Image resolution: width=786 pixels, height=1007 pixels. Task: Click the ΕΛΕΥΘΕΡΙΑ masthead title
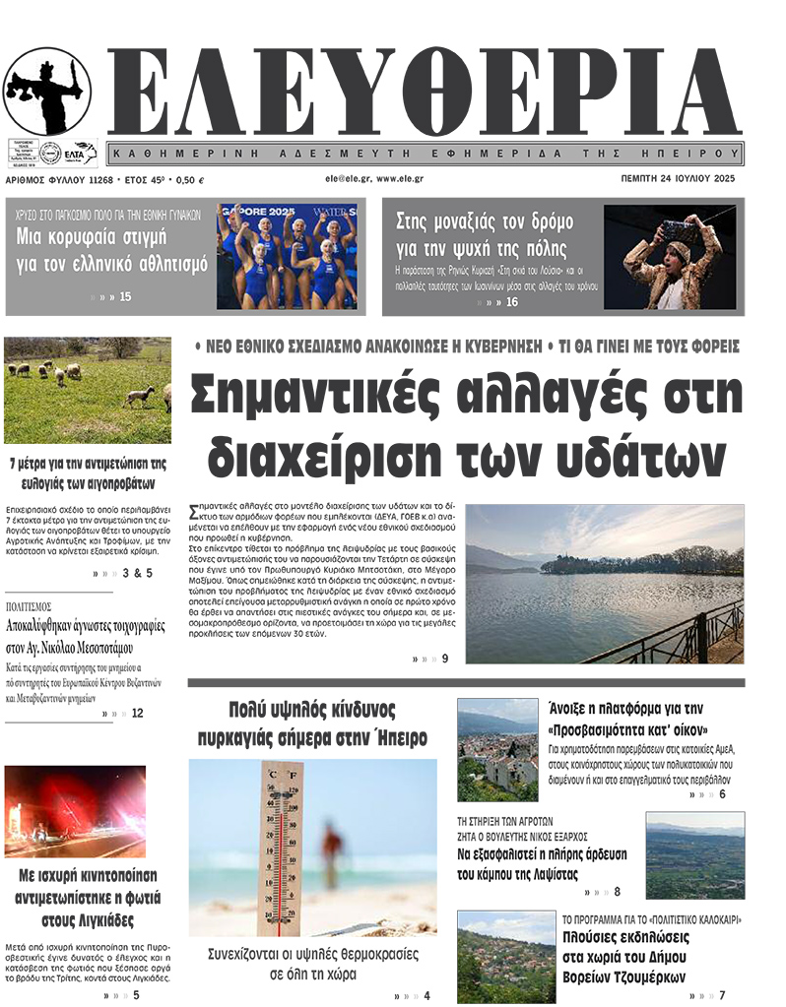point(424,94)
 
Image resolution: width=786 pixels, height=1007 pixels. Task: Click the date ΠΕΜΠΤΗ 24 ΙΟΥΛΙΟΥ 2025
point(679,179)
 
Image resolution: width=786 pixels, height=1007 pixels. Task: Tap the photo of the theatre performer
point(670,256)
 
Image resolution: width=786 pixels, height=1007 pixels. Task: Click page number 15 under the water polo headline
point(125,295)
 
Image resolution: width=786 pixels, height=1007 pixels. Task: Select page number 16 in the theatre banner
point(512,302)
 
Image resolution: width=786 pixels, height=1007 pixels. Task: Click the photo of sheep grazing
point(87,391)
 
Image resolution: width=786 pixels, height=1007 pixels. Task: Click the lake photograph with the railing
point(604,584)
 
